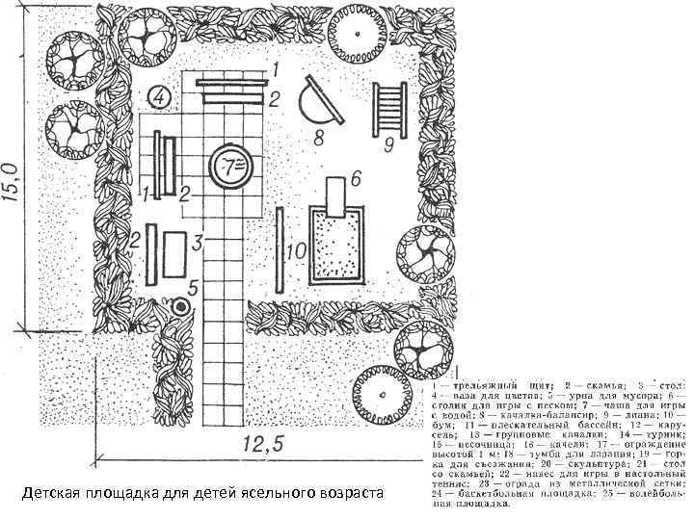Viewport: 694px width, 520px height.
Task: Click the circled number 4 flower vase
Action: [160, 97]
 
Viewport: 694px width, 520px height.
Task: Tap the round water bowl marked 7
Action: [231, 167]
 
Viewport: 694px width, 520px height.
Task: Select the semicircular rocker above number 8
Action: [320, 101]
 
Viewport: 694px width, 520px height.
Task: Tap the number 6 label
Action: [355, 179]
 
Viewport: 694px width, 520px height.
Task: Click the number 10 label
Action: [296, 251]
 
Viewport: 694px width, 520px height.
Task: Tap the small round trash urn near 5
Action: [181, 308]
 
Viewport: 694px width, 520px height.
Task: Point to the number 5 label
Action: [193, 287]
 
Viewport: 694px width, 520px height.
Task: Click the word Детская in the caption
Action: [53, 494]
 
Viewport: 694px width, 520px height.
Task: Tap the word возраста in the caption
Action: [347, 494]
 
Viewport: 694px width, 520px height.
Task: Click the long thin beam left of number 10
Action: [278, 247]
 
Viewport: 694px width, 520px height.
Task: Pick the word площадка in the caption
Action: [125, 494]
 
